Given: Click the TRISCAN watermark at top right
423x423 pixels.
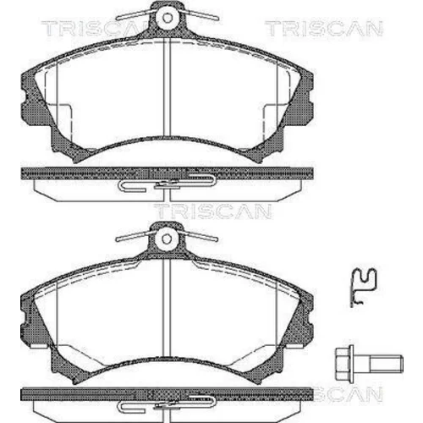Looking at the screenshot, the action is (324, 29).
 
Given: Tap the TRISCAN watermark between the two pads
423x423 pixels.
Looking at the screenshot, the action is (212, 211).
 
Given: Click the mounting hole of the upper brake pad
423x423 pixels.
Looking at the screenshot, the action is (168, 18).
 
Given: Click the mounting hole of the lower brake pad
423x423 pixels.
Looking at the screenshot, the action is (167, 239).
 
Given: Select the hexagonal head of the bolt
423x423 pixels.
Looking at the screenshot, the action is (344, 364).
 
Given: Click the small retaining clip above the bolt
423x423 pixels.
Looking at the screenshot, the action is (363, 287).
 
